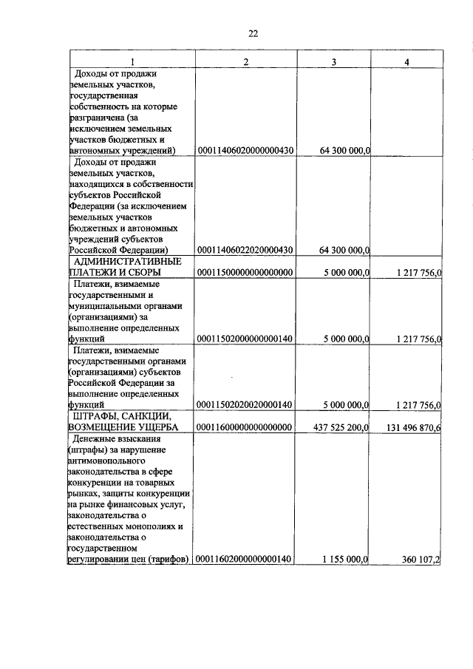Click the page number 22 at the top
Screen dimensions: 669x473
253,33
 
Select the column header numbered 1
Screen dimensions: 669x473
132,61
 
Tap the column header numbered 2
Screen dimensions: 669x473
245,61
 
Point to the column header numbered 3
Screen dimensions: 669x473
333,61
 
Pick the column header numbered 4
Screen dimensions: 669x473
406,61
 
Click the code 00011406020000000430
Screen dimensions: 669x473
246,151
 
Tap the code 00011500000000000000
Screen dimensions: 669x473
246,272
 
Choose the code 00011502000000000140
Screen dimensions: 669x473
246,339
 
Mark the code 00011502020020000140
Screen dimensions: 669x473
246,404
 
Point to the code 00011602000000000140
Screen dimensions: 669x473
246,560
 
